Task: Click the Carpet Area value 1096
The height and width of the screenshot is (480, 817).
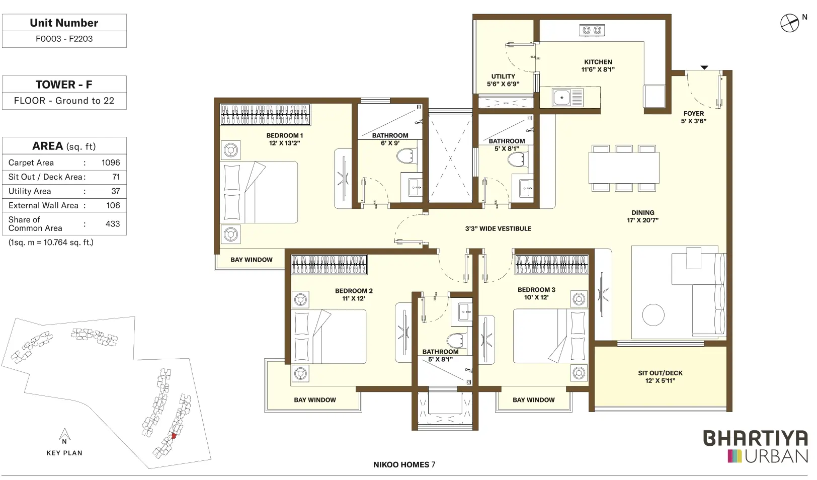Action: pyautogui.click(x=111, y=163)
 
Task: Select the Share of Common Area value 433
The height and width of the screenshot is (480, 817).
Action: pyautogui.click(x=112, y=224)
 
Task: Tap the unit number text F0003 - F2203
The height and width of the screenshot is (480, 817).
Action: pyautogui.click(x=64, y=39)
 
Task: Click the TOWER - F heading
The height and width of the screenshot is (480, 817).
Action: pyautogui.click(x=64, y=85)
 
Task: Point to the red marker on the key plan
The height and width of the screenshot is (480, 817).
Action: pyautogui.click(x=174, y=436)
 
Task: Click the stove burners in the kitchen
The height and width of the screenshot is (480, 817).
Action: pyautogui.click(x=592, y=30)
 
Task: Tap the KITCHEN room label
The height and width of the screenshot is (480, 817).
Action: pyautogui.click(x=598, y=62)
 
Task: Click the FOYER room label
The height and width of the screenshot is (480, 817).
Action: pyautogui.click(x=693, y=113)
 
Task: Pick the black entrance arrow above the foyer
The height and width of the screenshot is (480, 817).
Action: pyautogui.click(x=704, y=67)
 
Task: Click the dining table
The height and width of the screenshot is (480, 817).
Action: pyautogui.click(x=624, y=168)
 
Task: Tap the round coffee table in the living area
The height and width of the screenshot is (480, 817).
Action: pyautogui.click(x=653, y=315)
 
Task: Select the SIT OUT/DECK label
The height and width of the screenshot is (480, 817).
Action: pyautogui.click(x=660, y=373)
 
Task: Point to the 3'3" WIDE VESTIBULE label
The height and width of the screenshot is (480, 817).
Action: pyautogui.click(x=498, y=229)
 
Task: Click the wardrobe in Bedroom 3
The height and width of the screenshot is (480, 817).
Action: pyautogui.click(x=551, y=265)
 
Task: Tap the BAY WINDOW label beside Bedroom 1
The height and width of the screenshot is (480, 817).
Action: pyautogui.click(x=252, y=260)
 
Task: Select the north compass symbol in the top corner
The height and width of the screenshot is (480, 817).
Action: pyautogui.click(x=789, y=23)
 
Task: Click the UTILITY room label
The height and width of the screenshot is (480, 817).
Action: pyautogui.click(x=503, y=76)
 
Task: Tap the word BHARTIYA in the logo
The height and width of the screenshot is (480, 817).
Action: pyautogui.click(x=755, y=438)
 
